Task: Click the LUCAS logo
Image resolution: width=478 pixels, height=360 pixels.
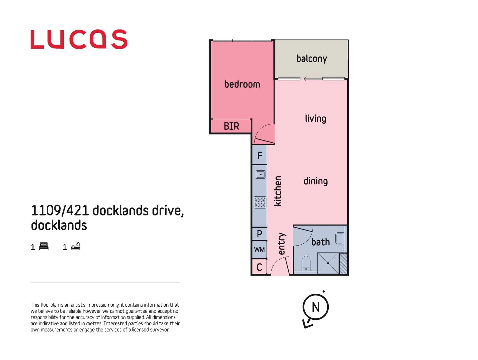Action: (x=79, y=39)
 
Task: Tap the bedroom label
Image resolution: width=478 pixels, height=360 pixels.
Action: (x=242, y=84)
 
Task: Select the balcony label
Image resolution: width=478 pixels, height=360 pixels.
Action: (x=311, y=59)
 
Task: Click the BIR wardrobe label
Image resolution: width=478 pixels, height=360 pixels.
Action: (x=231, y=126)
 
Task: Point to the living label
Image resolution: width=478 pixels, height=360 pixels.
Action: (x=315, y=119)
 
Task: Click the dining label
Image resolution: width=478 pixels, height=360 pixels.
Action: (x=315, y=181)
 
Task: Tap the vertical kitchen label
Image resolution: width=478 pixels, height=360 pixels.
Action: (x=278, y=191)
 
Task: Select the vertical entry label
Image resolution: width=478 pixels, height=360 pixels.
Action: (x=282, y=244)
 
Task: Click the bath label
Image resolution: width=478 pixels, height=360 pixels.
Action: (x=320, y=242)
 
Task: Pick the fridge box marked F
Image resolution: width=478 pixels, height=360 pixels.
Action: (x=260, y=155)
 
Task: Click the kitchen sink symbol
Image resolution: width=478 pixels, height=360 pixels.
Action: (x=260, y=174)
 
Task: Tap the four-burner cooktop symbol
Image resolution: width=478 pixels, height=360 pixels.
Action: (x=260, y=202)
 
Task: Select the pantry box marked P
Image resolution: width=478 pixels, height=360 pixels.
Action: (x=259, y=234)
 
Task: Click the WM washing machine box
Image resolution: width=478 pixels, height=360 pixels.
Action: (x=259, y=250)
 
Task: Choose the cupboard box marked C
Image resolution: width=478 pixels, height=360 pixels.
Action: (x=259, y=267)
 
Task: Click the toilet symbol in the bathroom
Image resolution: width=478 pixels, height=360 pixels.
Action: (x=306, y=263)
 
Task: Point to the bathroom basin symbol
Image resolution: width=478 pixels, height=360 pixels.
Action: (x=340, y=238)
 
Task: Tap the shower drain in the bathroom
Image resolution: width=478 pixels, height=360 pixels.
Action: (x=328, y=263)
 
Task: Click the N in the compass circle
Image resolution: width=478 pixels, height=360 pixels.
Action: (x=315, y=307)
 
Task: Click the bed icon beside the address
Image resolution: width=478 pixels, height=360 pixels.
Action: (x=44, y=246)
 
